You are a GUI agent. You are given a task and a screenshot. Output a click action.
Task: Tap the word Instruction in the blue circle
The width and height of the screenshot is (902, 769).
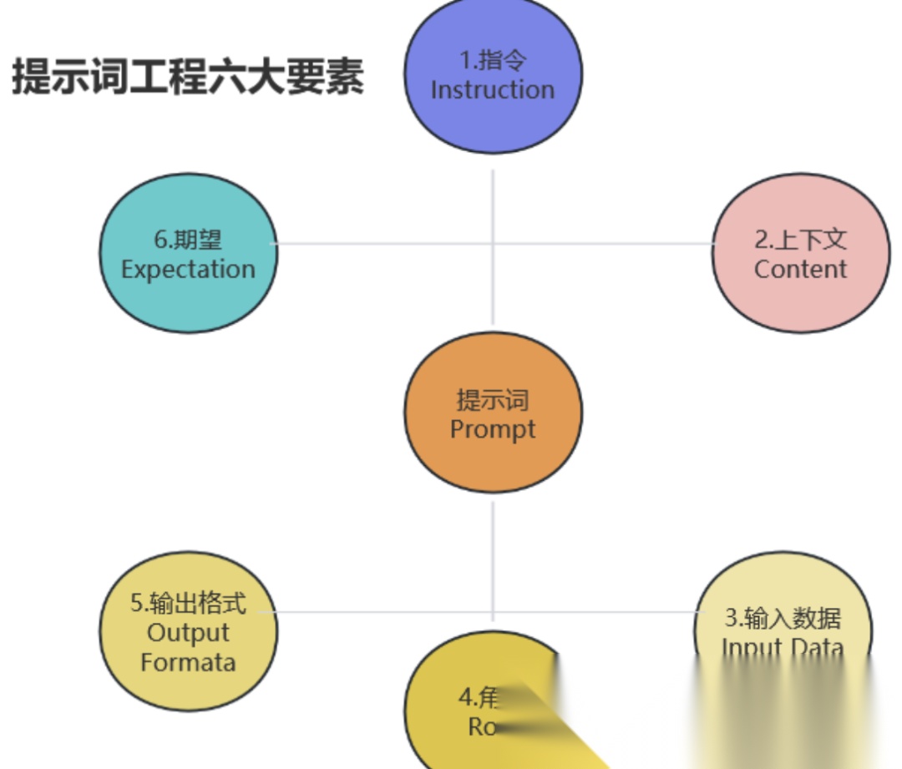(493, 89)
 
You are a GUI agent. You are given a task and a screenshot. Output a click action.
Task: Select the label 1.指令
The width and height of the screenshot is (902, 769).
(493, 61)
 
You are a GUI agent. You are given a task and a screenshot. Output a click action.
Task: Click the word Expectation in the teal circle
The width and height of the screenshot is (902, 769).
(188, 269)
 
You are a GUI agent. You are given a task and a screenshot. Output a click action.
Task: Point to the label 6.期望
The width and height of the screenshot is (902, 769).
(188, 240)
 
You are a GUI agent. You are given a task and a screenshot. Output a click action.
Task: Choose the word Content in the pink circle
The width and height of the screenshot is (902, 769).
(800, 269)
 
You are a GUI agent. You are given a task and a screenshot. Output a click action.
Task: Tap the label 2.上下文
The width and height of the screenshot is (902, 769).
(800, 240)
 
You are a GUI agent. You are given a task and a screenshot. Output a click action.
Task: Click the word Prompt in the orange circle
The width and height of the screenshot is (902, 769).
(493, 429)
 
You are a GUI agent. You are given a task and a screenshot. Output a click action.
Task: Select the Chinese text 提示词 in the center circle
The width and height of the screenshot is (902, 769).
(493, 400)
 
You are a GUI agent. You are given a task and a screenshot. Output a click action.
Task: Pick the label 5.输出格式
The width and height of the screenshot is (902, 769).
(188, 603)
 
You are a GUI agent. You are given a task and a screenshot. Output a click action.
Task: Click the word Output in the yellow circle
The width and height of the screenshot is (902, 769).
(188, 633)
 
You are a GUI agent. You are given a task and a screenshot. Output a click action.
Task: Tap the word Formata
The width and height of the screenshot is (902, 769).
(188, 663)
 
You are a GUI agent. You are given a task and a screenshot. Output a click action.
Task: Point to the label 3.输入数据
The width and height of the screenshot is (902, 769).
(783, 618)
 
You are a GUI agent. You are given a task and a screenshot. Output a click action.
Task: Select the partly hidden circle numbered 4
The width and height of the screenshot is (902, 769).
(468, 710)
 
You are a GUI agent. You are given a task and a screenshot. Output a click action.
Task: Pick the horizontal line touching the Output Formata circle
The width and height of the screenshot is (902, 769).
(376, 612)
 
